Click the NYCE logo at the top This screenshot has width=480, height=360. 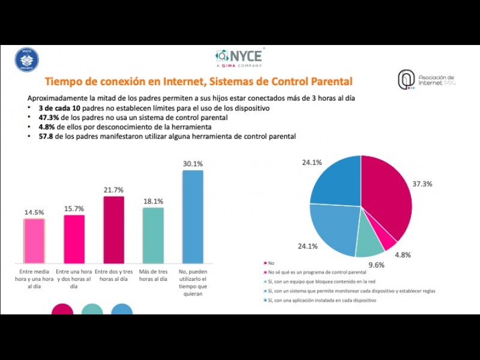point(239,57)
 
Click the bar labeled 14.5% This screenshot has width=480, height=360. point(34,240)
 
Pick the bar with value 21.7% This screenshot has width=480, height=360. point(113,229)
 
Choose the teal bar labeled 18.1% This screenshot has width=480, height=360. point(153,235)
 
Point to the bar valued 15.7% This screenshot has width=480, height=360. point(74,238)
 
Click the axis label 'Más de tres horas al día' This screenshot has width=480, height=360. point(153,275)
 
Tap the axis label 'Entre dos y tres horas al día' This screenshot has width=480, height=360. point(113,275)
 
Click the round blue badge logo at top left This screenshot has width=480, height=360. point(26,60)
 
